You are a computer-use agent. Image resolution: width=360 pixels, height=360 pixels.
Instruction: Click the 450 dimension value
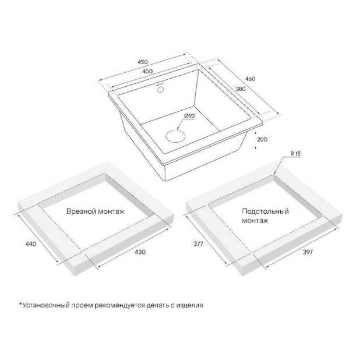point(143,62)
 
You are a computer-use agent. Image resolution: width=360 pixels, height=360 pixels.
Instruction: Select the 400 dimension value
point(147,72)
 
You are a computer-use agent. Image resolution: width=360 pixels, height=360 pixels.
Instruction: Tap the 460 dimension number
point(250,79)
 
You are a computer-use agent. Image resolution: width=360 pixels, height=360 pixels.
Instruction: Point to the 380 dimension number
point(241,89)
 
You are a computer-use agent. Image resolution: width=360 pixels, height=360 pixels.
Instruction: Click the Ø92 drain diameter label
point(189,116)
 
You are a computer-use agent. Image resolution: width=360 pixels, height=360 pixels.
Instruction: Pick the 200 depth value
point(262,139)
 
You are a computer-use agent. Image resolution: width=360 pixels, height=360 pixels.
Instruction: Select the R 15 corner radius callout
point(296,154)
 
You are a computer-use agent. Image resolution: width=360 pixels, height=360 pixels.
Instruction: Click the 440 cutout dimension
point(31,244)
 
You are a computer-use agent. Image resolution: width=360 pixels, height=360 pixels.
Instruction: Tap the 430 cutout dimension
point(140,252)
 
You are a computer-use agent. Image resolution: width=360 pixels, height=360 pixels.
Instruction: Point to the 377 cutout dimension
point(198,244)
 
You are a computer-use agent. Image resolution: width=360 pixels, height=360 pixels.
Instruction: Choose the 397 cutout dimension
point(308,252)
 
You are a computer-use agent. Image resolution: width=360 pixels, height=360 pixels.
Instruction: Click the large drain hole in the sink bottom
point(175,136)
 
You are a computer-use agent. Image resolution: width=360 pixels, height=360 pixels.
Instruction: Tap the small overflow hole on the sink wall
point(160,89)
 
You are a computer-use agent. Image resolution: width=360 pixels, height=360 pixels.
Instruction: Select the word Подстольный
point(265,211)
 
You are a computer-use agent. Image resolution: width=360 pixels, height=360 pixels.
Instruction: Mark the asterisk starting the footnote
point(20,304)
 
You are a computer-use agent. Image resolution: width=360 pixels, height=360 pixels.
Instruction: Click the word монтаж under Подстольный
point(255,221)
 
